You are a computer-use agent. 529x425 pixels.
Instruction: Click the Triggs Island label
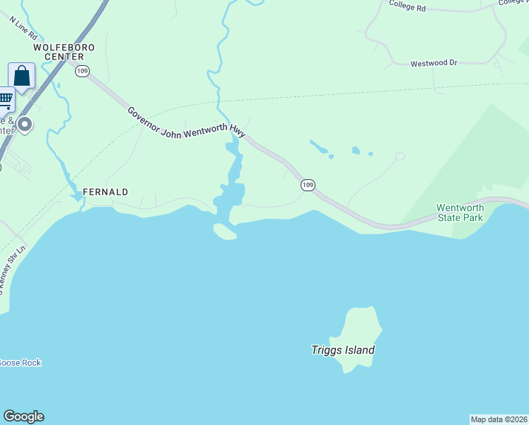click(x=343, y=350)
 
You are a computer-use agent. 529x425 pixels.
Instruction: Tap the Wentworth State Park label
click(x=460, y=212)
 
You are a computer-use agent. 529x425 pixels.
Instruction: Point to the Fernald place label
click(x=105, y=192)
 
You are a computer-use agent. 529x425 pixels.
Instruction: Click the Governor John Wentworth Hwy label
click(x=186, y=122)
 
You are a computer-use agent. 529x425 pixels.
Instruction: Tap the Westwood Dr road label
click(x=434, y=63)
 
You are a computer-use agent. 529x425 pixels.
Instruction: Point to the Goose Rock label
click(x=19, y=363)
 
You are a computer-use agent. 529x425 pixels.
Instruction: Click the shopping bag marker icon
click(x=22, y=76)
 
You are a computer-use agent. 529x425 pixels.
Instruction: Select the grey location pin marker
click(x=25, y=125)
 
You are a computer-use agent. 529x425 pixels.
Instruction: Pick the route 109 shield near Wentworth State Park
click(x=307, y=185)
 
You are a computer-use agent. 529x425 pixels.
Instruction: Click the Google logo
click(x=23, y=416)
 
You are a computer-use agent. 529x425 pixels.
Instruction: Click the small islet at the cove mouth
click(x=224, y=232)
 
